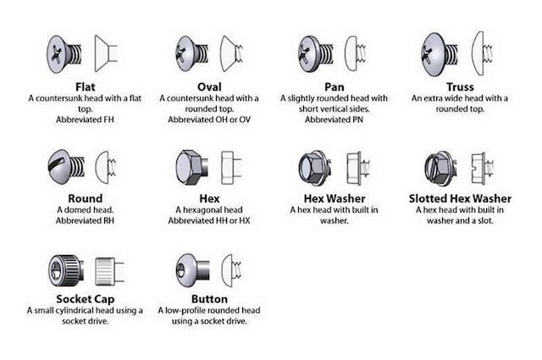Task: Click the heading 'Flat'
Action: click(x=84, y=86)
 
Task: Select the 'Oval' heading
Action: click(x=208, y=86)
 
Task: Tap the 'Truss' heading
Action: click(x=459, y=86)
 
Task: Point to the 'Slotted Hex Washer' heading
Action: click(x=459, y=197)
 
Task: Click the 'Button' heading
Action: click(x=208, y=299)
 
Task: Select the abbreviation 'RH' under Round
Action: click(x=103, y=220)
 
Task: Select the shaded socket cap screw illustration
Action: click(x=65, y=269)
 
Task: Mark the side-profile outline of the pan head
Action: click(x=358, y=53)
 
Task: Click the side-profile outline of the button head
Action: click(x=230, y=269)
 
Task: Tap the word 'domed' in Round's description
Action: click(x=75, y=209)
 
